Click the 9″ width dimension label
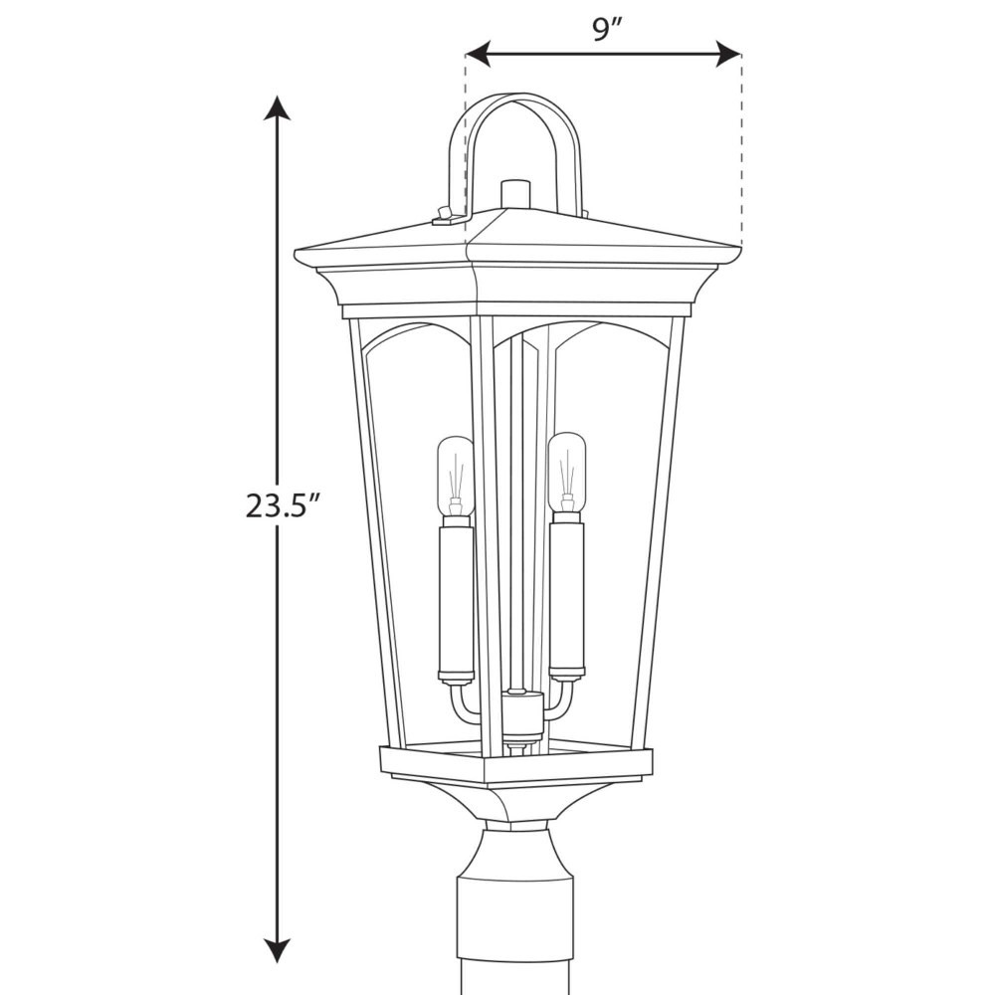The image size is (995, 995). (606, 30)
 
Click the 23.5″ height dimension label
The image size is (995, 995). (282, 505)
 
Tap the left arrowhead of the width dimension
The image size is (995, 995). (478, 54)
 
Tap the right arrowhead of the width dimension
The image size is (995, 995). (729, 54)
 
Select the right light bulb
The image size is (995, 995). (567, 473)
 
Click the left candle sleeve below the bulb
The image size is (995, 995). (457, 600)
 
